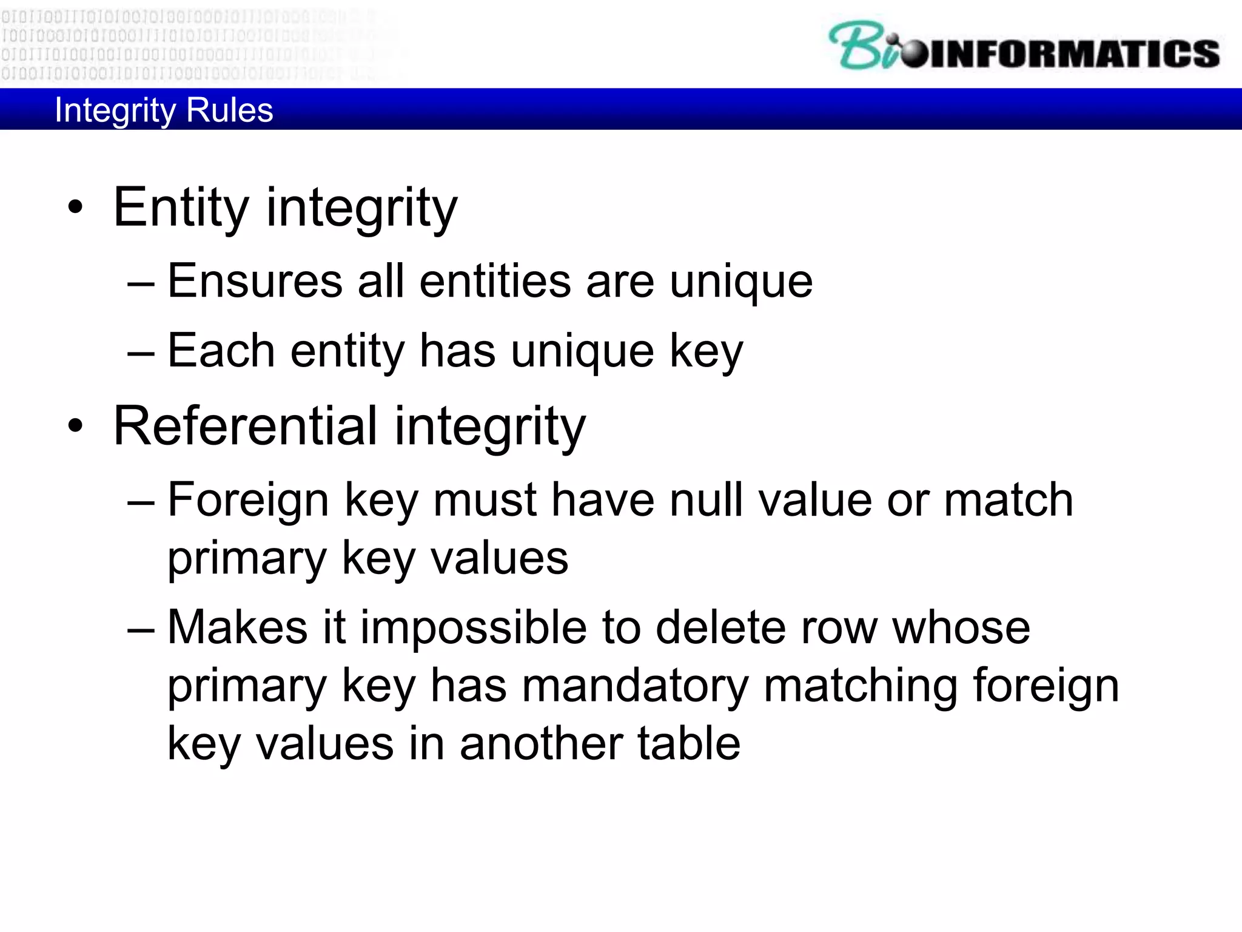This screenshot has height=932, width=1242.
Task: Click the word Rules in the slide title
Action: pos(230,110)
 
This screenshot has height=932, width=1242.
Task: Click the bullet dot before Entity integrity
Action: pos(75,208)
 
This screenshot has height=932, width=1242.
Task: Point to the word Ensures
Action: pos(255,282)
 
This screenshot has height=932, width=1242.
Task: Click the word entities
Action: pos(495,282)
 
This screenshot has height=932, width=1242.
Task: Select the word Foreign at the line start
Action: pos(248,500)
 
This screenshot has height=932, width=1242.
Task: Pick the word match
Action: pos(1008,500)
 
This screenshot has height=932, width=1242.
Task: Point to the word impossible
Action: pos(474,627)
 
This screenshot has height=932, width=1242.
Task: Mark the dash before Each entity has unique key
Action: pos(141,352)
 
